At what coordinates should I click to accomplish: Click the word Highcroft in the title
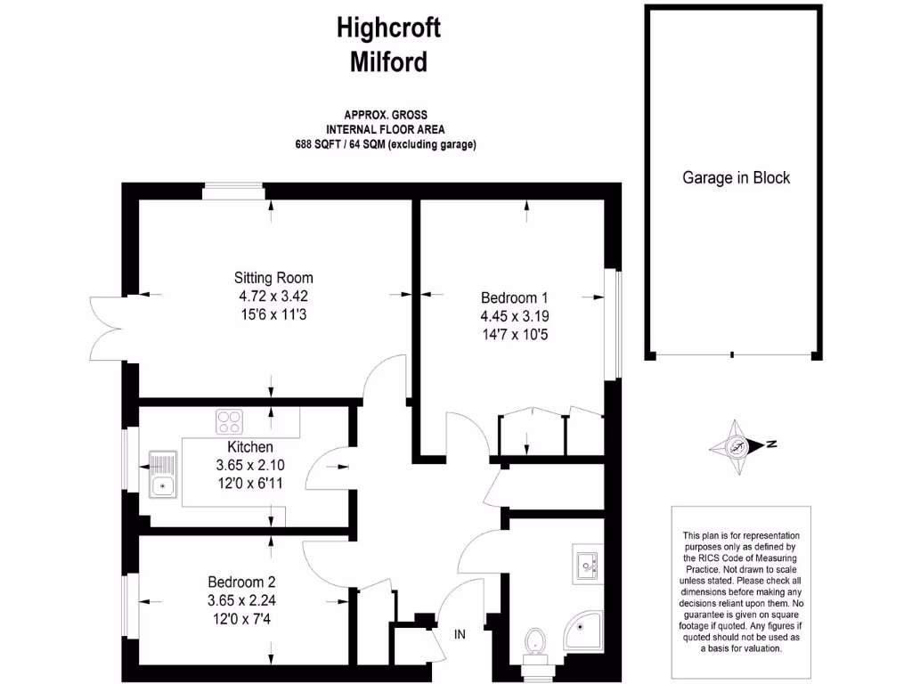[x=388, y=28]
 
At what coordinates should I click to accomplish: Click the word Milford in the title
[x=388, y=61]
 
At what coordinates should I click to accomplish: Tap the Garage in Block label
[x=736, y=177]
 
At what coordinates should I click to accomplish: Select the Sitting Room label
[x=273, y=278]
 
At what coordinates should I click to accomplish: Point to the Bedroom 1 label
[x=514, y=297]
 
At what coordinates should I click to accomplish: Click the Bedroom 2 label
[x=241, y=582]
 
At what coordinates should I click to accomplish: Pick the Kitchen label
[x=250, y=447]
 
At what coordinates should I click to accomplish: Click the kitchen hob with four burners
[x=229, y=422]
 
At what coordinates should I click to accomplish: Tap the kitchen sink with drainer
[x=163, y=474]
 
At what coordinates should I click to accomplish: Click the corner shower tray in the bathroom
[x=583, y=631]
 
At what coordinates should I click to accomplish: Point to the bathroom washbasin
[x=587, y=564]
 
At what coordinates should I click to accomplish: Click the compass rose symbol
[x=736, y=447]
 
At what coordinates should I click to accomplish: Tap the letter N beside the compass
[x=771, y=444]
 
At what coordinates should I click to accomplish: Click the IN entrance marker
[x=460, y=634]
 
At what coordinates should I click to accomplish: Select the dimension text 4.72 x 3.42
[x=273, y=296]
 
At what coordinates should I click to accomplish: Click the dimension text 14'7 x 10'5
[x=515, y=335]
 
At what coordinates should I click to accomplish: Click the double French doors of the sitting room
[x=108, y=329]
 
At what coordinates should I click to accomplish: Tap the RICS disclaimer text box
[x=741, y=592]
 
